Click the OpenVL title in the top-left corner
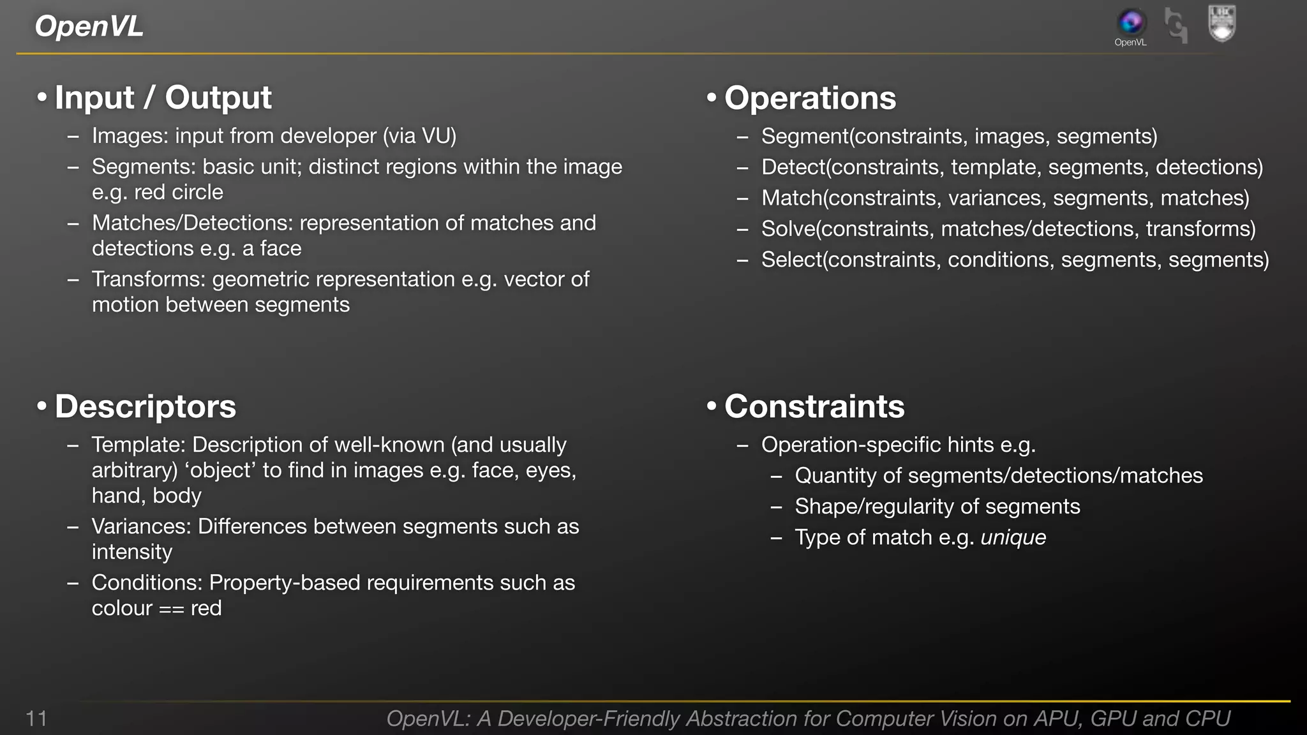coord(89,26)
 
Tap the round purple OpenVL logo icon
coord(1130,22)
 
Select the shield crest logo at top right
coord(1221,23)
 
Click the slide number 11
coord(36,718)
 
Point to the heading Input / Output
coord(163,98)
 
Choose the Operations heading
coord(810,98)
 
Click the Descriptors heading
coord(145,406)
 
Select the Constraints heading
coord(814,406)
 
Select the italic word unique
coord(1013,538)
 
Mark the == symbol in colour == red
coord(171,609)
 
